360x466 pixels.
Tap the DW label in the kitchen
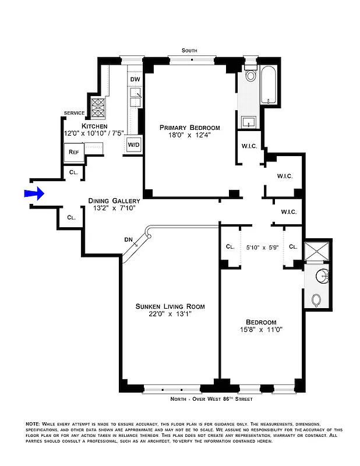[135, 79]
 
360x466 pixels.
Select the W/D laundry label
[133, 144]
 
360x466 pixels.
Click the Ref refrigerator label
[73, 152]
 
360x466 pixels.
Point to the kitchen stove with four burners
[98, 108]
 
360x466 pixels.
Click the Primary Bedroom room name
[190, 128]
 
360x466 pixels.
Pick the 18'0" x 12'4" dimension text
[190, 135]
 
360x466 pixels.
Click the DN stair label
[129, 239]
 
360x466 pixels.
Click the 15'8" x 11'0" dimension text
[260, 330]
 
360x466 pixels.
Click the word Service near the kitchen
[74, 113]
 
